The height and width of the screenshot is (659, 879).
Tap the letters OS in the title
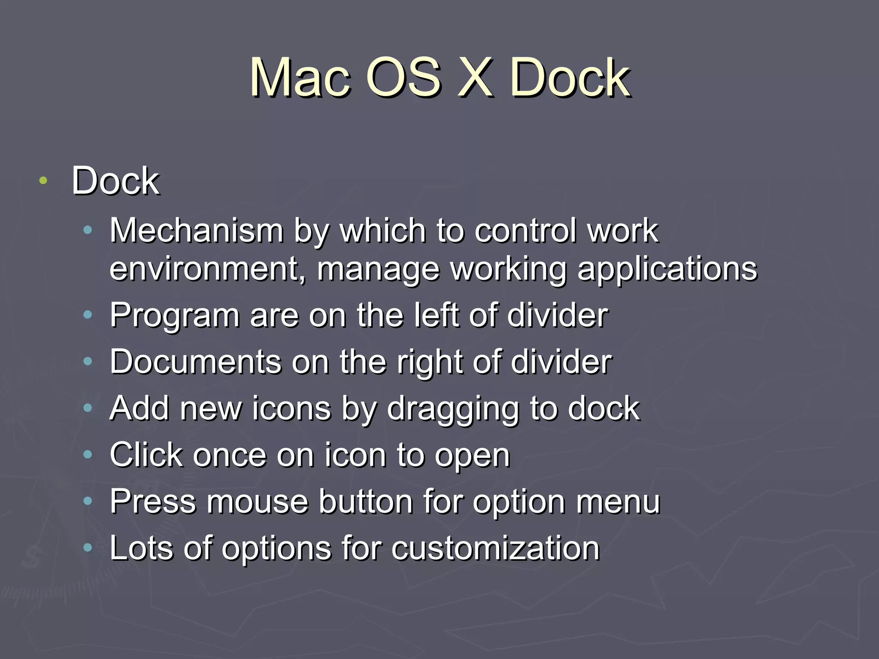click(404, 79)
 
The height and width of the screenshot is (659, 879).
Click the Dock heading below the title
click(115, 181)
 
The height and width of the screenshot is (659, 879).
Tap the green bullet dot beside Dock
click(42, 181)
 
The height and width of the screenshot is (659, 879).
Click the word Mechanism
click(197, 231)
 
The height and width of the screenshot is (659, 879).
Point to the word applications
click(667, 269)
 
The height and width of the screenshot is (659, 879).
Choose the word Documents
click(196, 362)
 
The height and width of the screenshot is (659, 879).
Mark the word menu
click(618, 502)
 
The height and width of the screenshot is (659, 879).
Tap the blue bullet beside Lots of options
click(88, 547)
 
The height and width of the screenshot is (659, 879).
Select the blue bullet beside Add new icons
click(88, 408)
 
